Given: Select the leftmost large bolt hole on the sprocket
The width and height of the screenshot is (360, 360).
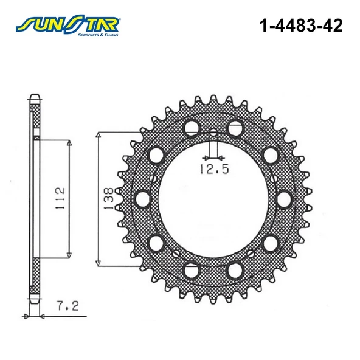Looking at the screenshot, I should pyautogui.click(x=144, y=198).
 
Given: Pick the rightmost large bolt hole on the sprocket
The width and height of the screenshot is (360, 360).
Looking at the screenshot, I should pyautogui.click(x=283, y=198).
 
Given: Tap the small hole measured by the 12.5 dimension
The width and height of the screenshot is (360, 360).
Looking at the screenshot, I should pyautogui.click(x=213, y=133).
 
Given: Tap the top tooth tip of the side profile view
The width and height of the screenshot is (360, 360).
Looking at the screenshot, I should pyautogui.click(x=35, y=96).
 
